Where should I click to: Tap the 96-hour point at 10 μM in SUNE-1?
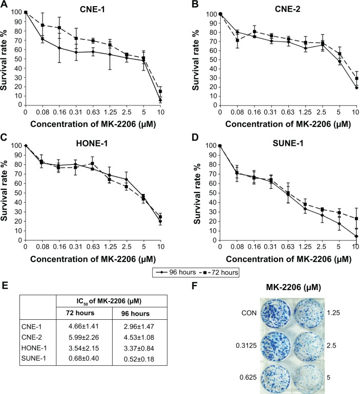[355, 236]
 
